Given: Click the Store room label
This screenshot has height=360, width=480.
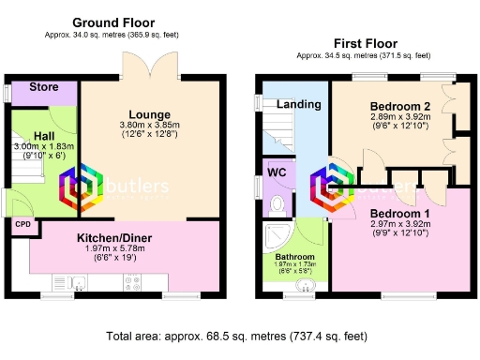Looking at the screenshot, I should [44, 87].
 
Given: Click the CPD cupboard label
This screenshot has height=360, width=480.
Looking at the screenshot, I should [22, 225].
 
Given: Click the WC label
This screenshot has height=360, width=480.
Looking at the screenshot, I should [277, 172].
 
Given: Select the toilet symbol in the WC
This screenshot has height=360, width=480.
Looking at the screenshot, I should [276, 203].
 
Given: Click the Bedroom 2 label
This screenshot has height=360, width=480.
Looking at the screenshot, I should [399, 106].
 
